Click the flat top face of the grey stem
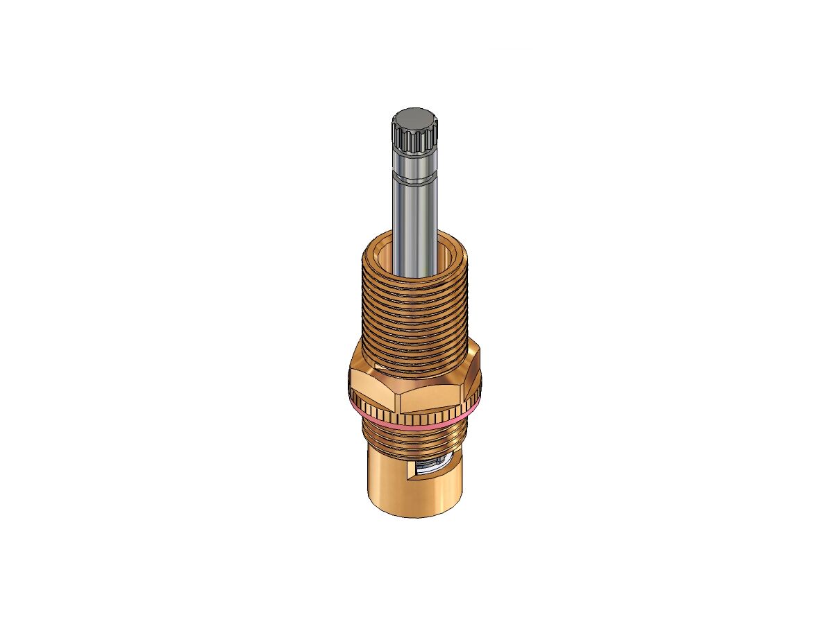point(414,116)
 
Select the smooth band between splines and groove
point(414,166)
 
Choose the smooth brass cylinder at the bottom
point(396,485)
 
